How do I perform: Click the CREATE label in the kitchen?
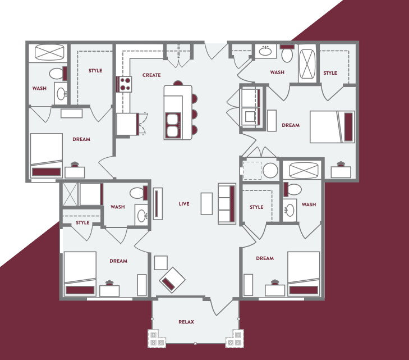[x=151, y=75]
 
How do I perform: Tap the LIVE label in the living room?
[x=183, y=204]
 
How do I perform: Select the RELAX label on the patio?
[x=186, y=322]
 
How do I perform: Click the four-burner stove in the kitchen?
[x=125, y=84]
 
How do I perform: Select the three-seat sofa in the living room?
[x=227, y=203]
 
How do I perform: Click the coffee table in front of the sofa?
[x=207, y=203]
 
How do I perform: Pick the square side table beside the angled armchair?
[x=160, y=262]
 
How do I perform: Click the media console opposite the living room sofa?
[x=158, y=203]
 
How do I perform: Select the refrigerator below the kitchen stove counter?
[x=127, y=124]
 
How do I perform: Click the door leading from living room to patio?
[x=220, y=306]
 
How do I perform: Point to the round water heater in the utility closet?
[x=271, y=170]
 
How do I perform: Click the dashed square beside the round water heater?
[x=252, y=170]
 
